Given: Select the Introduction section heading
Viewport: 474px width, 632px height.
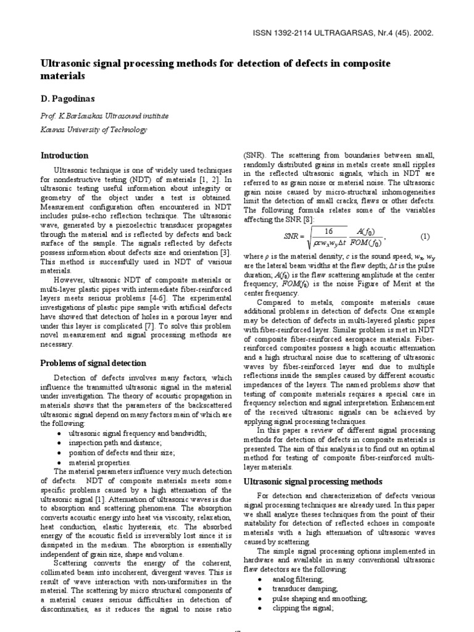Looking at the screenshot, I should coord(64,156).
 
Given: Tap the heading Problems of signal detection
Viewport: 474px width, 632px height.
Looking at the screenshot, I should coord(93,363).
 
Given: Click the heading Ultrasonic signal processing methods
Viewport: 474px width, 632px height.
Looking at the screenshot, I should coord(314,481).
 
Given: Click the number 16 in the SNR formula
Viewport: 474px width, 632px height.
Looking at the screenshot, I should coord(328,231).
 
